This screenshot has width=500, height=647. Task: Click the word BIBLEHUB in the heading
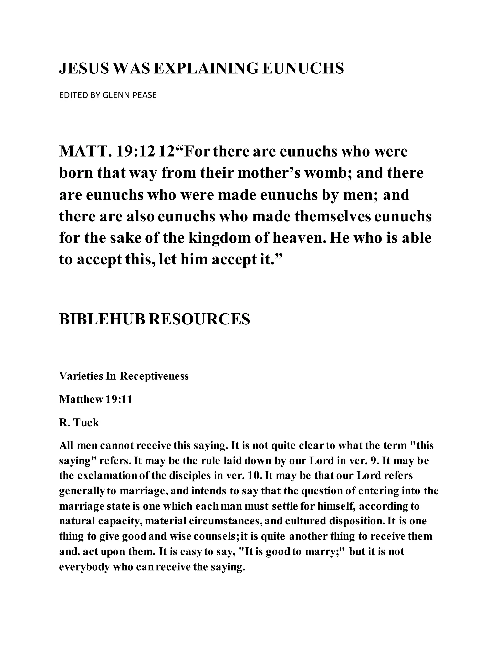(102, 319)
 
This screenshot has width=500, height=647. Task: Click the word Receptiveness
(154, 376)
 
